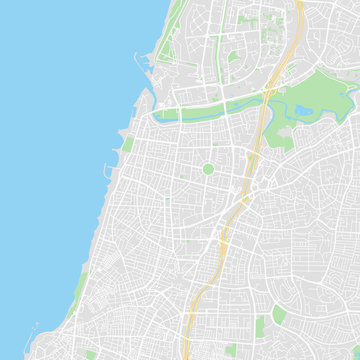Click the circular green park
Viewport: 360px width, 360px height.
click(x=208, y=169)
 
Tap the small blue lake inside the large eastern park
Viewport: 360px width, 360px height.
click(x=303, y=109)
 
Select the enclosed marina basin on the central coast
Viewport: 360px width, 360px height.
click(x=113, y=171)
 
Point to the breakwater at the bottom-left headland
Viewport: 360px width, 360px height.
click(x=30, y=329)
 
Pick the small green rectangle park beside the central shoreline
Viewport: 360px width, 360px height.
click(x=128, y=145)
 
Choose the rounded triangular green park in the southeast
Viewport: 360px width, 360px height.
click(x=279, y=315)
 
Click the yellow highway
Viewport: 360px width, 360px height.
click(x=240, y=200)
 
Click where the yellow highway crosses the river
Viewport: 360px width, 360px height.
click(x=265, y=96)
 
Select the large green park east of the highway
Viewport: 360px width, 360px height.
click(x=320, y=95)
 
